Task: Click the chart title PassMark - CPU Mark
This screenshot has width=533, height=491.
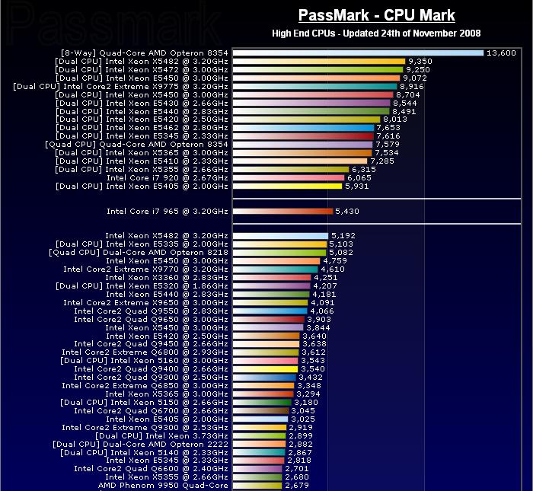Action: point(376,15)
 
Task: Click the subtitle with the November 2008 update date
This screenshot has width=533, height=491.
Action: point(376,33)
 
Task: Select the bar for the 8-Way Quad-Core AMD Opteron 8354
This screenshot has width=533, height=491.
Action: point(358,53)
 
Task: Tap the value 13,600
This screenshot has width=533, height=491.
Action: point(502,53)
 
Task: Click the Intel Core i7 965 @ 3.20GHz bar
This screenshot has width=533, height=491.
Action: point(282,211)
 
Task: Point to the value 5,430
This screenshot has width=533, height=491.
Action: point(347,211)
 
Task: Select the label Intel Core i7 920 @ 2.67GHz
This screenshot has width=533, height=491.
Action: point(167,177)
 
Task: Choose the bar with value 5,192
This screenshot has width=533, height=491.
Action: point(280,236)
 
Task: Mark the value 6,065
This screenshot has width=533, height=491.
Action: point(362,177)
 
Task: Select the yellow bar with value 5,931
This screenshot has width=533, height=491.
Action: point(287,186)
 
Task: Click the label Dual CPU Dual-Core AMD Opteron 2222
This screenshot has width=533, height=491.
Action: point(140,444)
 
